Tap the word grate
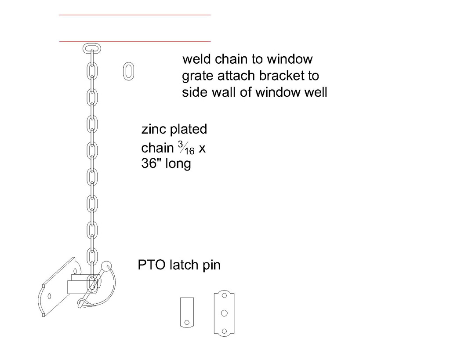click(x=195, y=76)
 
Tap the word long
click(x=178, y=165)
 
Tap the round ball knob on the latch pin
click(x=107, y=265)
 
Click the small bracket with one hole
click(x=187, y=312)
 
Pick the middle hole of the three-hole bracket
click(x=224, y=313)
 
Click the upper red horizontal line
click(x=135, y=15)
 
